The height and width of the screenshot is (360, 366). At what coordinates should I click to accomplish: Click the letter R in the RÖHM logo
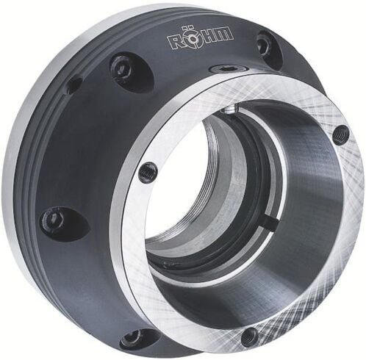coord(174,42)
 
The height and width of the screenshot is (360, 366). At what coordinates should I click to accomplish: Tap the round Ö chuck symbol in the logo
coord(193,39)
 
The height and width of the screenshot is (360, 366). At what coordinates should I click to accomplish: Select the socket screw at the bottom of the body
coord(134,337)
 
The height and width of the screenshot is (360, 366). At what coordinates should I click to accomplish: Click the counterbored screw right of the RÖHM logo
coord(264,46)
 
